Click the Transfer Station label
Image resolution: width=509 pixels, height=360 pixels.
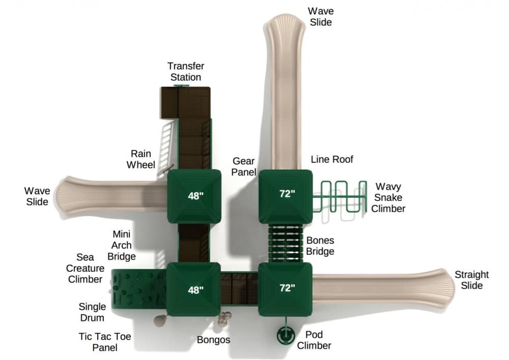tap(186, 71)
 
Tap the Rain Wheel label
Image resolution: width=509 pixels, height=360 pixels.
tap(141, 159)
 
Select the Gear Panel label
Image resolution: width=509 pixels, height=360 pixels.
tap(244, 167)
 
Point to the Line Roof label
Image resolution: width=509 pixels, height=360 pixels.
tap(332, 159)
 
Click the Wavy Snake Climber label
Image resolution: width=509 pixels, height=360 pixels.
tap(388, 198)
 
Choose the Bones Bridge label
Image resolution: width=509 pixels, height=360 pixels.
tap(320, 246)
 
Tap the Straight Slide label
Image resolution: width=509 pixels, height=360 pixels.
tap(472, 280)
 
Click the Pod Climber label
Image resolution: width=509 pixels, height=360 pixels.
tap(314, 340)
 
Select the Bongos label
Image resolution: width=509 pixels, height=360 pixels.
tap(213, 340)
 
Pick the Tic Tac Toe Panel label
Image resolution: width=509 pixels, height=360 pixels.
tap(105, 342)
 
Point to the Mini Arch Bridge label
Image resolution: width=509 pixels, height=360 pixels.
tap(122, 245)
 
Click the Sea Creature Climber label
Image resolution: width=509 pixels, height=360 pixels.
tap(85, 268)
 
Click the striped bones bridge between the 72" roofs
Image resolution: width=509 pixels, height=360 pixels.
tap(286, 243)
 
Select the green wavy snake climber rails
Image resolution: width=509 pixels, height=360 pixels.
tap(340, 197)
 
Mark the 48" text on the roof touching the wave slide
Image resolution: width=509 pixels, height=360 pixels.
tap(195, 196)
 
